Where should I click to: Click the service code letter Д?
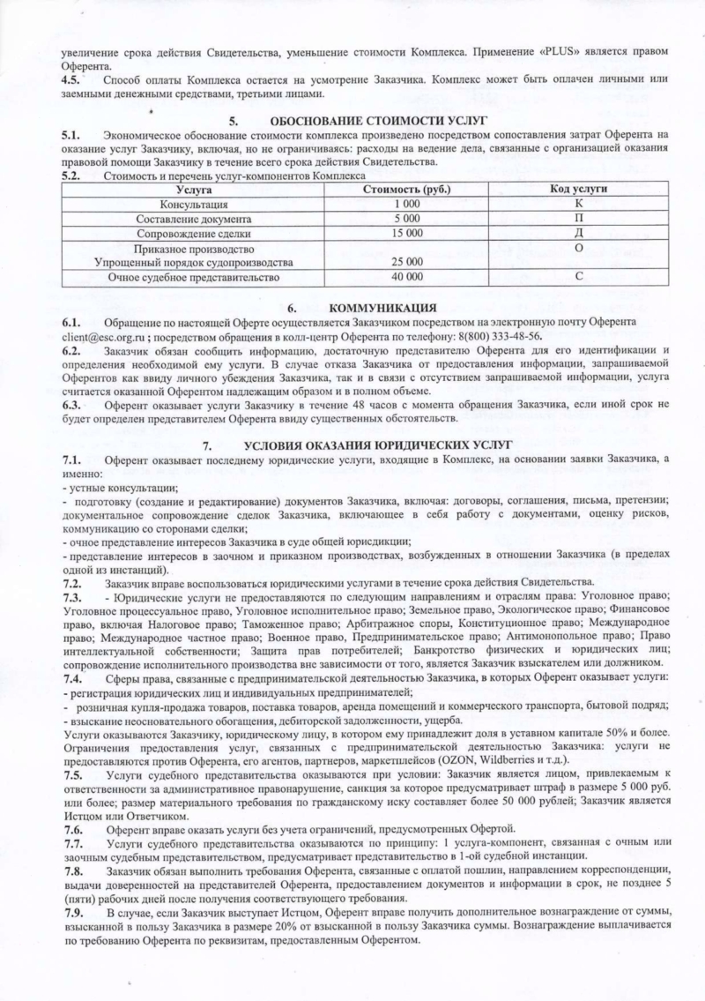tap(579, 233)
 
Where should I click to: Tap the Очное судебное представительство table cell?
tap(193, 278)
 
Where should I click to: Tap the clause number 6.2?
tap(72, 351)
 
